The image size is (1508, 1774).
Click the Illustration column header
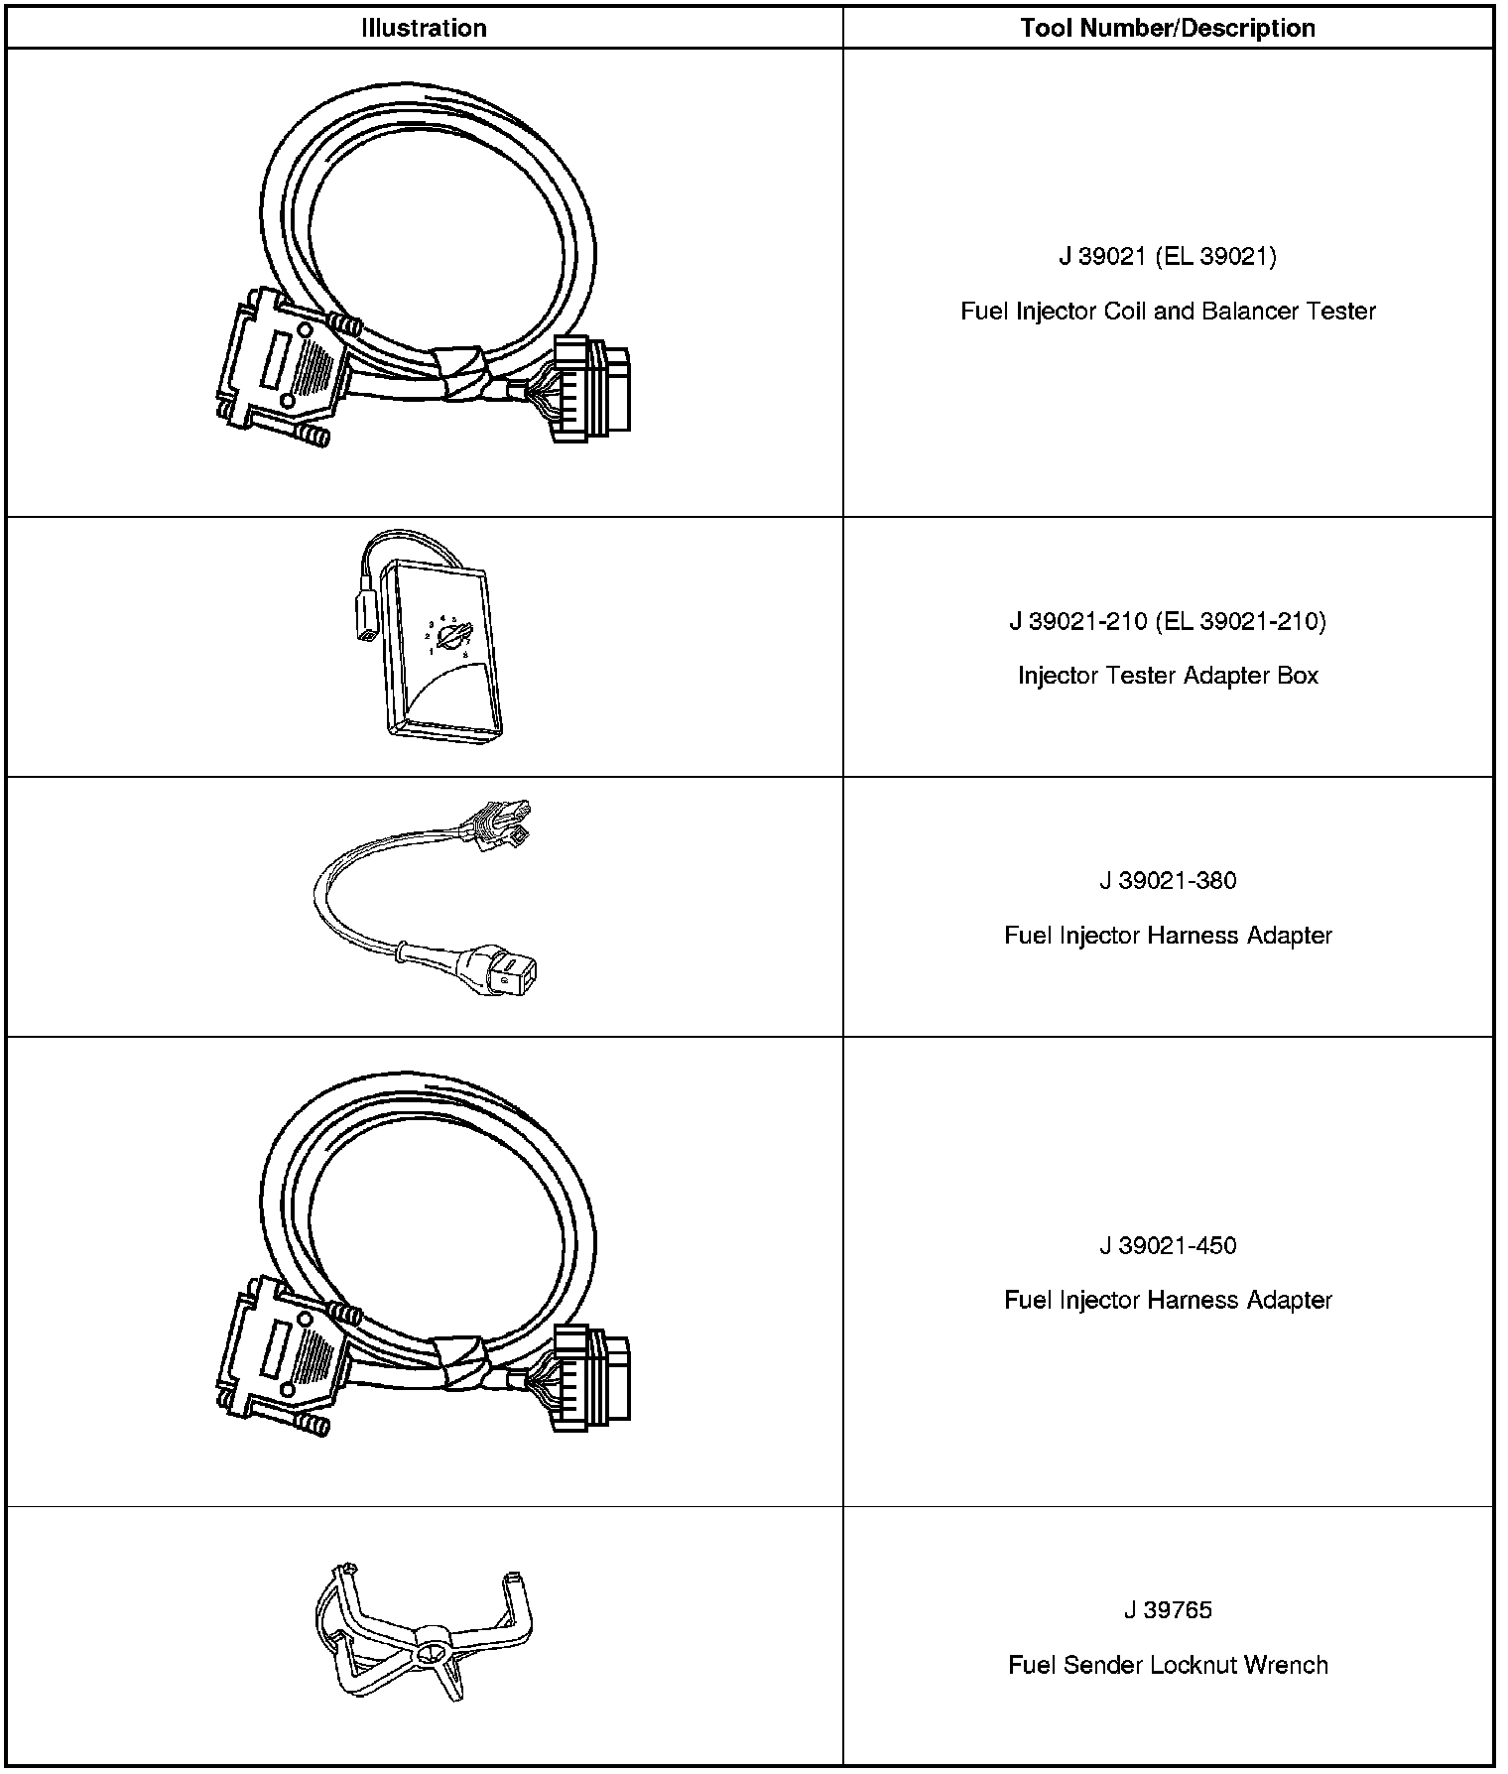[424, 28]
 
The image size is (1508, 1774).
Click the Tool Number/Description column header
[1168, 28]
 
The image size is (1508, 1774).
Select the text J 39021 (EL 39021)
[1168, 257]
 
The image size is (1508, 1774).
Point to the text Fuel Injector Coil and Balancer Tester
[1168, 312]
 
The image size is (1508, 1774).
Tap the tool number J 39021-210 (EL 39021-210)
[1168, 622]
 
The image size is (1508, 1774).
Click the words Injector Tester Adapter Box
[1168, 676]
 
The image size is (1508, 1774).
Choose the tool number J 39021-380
[1168, 881]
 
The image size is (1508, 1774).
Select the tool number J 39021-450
[1168, 1246]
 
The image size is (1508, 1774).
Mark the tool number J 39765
[1168, 1610]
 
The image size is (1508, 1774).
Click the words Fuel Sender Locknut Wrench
[1168, 1665]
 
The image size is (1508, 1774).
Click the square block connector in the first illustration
[591, 389]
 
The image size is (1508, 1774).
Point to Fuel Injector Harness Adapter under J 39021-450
[1168, 1301]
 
